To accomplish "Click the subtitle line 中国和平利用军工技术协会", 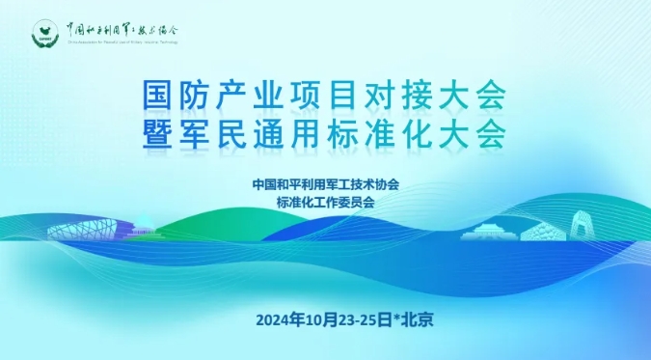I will pos(325,183).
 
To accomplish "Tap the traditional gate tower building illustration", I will pos(489,232).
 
